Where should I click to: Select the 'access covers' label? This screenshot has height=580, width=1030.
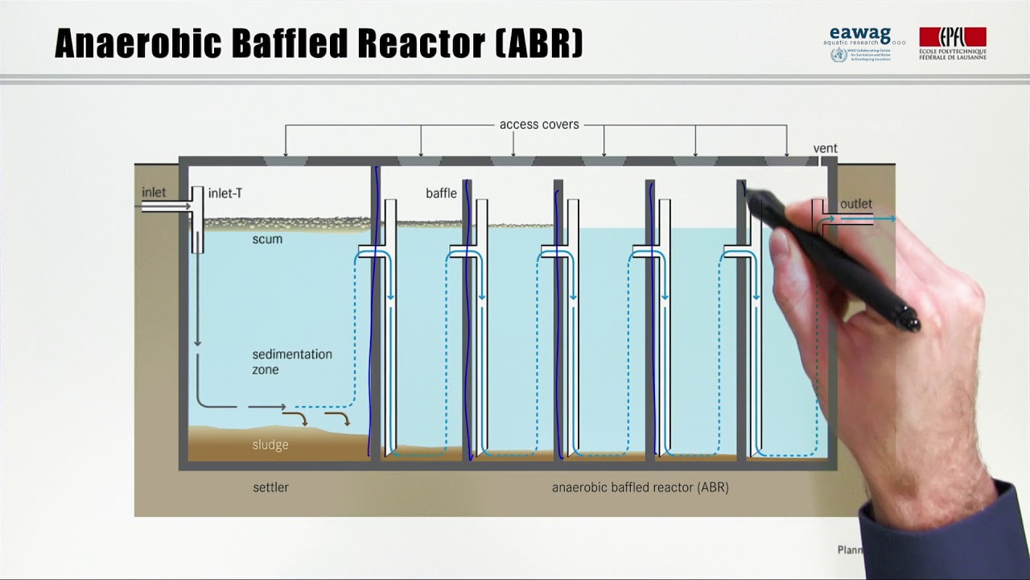point(538,124)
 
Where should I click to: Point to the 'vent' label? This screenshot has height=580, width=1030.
point(825,148)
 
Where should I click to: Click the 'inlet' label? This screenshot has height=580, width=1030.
point(154,192)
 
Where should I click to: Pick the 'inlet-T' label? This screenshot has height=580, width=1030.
point(225,193)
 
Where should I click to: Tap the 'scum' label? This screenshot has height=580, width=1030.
point(267,239)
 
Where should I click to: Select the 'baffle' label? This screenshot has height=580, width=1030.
point(441,193)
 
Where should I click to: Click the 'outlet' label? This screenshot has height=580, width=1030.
point(855,205)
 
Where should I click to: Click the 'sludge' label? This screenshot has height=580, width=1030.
point(270,445)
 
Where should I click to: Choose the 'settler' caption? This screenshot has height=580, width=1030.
point(270,487)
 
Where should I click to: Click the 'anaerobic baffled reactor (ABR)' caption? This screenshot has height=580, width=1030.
point(640,487)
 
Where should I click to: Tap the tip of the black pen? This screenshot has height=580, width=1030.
point(744,187)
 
